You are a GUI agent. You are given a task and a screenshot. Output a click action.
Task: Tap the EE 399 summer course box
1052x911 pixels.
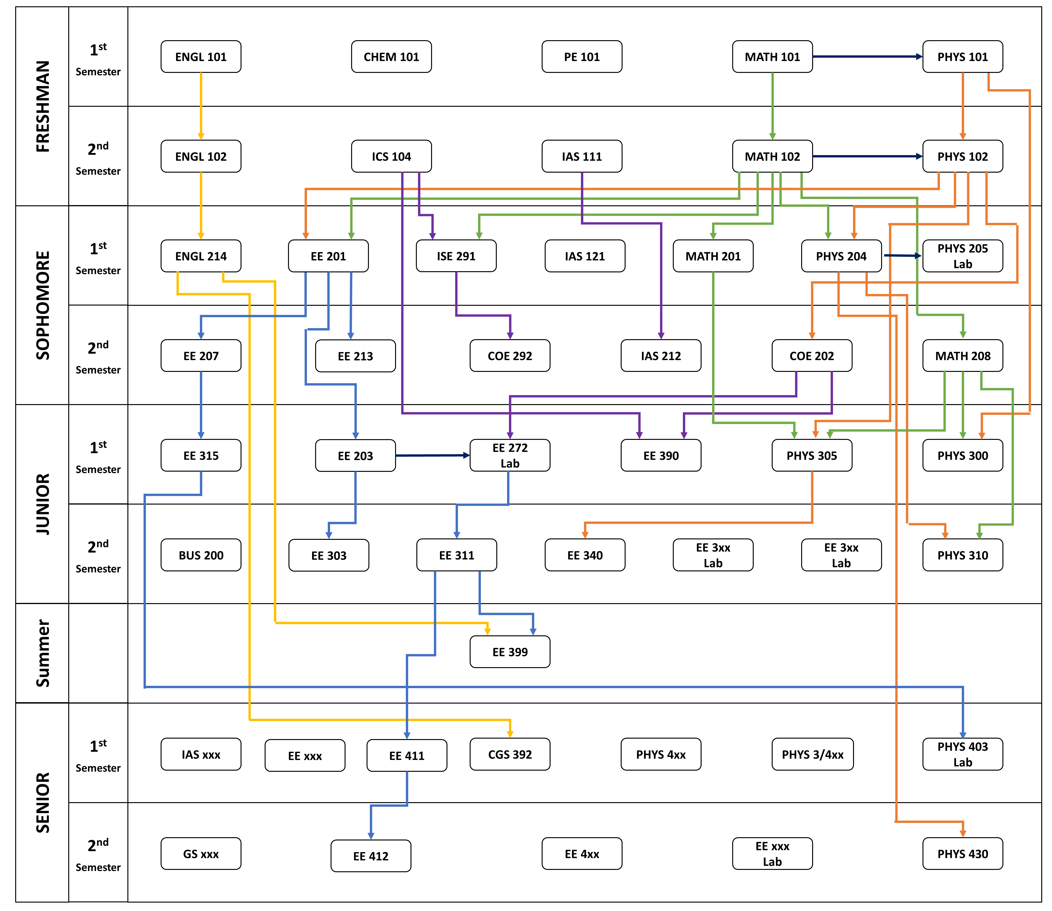tap(510, 652)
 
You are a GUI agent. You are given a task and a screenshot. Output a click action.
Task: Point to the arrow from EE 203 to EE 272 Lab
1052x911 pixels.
tap(432, 455)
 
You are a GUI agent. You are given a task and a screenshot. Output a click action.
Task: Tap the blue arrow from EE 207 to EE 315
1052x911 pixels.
tap(201, 405)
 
